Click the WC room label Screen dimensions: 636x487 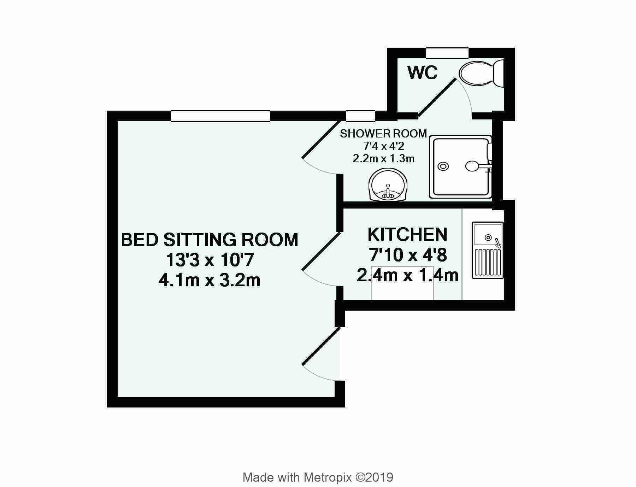[x=422, y=73]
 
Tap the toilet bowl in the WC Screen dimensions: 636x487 [x=476, y=73]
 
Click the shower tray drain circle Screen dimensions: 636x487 [x=443, y=166]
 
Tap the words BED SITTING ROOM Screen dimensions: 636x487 [x=210, y=240]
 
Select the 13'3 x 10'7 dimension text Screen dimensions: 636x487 [x=210, y=260]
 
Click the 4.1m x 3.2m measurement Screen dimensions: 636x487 [x=210, y=281]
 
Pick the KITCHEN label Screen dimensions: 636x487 [x=407, y=234]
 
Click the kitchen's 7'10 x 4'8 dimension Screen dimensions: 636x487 [x=408, y=254]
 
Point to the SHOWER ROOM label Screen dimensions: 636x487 [x=383, y=134]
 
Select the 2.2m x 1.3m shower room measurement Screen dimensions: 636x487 [x=383, y=159]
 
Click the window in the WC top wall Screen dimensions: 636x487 [x=447, y=53]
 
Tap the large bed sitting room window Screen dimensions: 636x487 [x=220, y=116]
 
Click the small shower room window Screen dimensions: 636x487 [x=360, y=116]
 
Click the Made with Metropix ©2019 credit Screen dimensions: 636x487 [x=318, y=468]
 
